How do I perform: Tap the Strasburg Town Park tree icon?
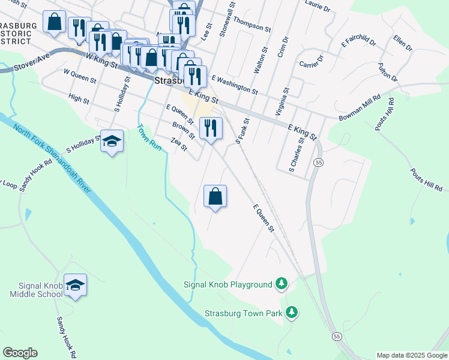click(292, 313)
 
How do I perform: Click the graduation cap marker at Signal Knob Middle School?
click(75, 286)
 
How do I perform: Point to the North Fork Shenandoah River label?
click(52, 159)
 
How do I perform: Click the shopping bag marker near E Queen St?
click(215, 196)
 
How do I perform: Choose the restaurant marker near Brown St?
click(210, 128)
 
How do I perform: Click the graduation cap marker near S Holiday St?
click(112, 142)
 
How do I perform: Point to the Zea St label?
click(179, 144)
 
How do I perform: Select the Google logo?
click(20, 353)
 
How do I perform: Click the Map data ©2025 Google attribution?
click(412, 355)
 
